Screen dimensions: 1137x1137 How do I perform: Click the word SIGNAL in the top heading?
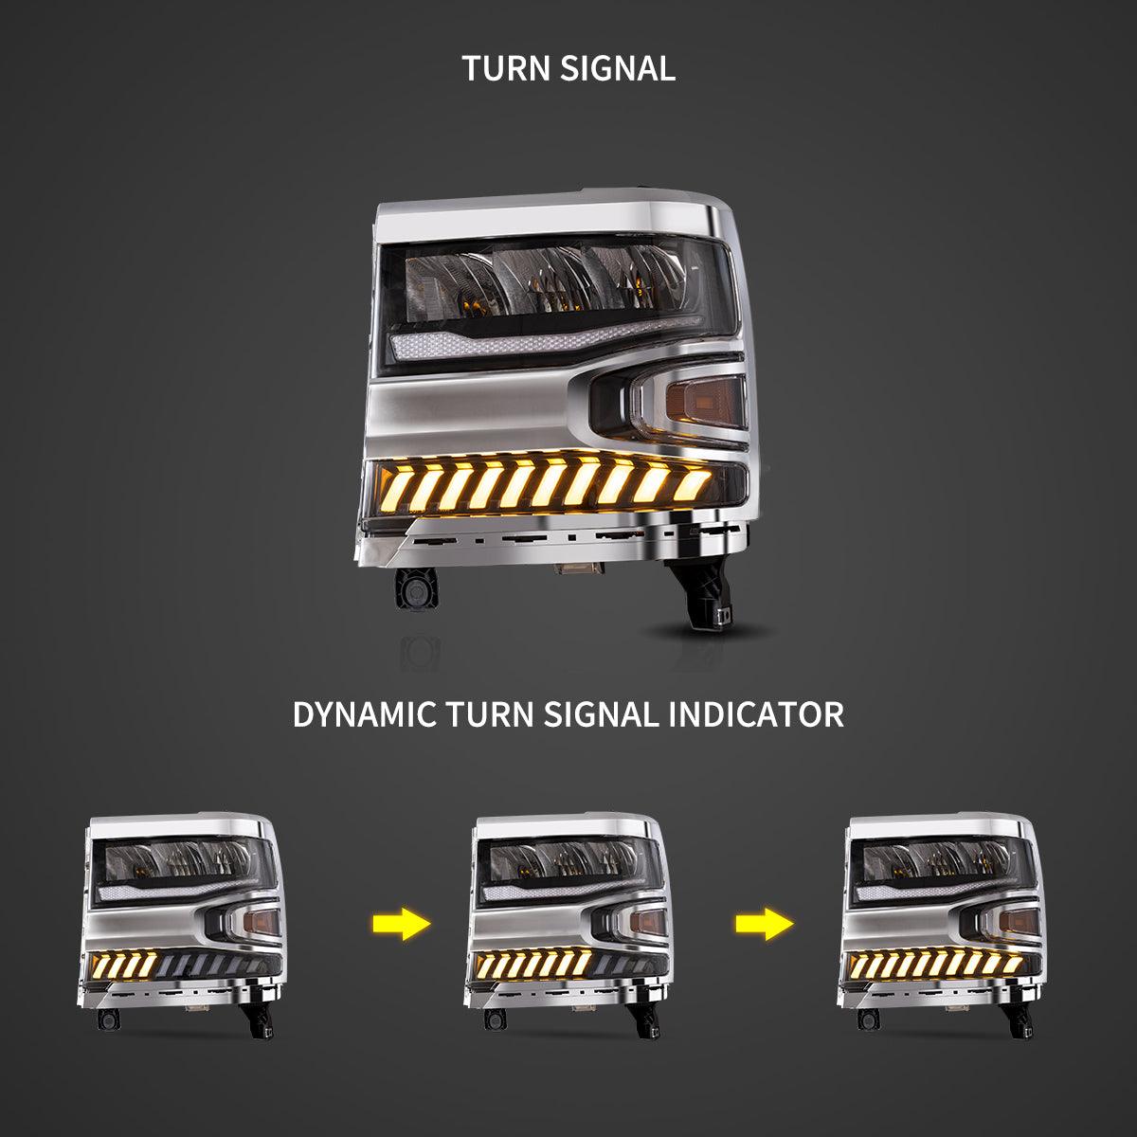coord(618,68)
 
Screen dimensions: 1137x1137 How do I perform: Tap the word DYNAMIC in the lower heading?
coord(364,714)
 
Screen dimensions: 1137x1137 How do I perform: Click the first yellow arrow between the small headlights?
coord(401,924)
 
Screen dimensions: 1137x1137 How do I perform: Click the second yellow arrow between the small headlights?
coord(765,924)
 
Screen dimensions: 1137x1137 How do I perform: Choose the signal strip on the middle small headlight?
coord(533,965)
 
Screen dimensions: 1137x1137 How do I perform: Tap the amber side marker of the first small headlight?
coord(261,922)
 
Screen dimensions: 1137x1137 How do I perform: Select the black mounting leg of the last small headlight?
coord(1018,1019)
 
